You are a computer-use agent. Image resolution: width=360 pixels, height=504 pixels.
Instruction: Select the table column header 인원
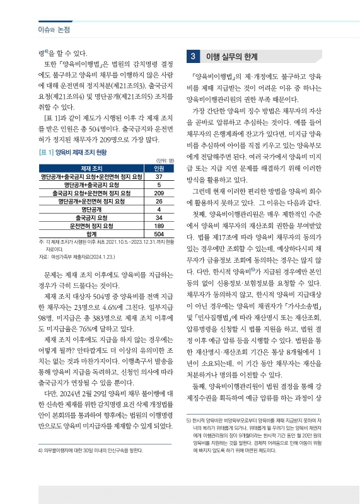pos(159,168)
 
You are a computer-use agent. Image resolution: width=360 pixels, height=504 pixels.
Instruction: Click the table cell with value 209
pos(159,193)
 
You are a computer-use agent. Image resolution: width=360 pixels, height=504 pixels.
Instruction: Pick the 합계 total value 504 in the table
pos(159,234)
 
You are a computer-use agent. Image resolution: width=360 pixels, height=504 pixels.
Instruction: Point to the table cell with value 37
pos(159,176)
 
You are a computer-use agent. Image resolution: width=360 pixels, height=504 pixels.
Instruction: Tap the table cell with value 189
pos(159,226)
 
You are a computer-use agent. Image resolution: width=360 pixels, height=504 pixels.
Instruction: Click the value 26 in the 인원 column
pos(159,201)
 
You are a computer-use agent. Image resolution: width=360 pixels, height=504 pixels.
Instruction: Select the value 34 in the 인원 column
pos(159,217)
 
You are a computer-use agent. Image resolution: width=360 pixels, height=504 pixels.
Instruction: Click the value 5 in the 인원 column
pos(159,185)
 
